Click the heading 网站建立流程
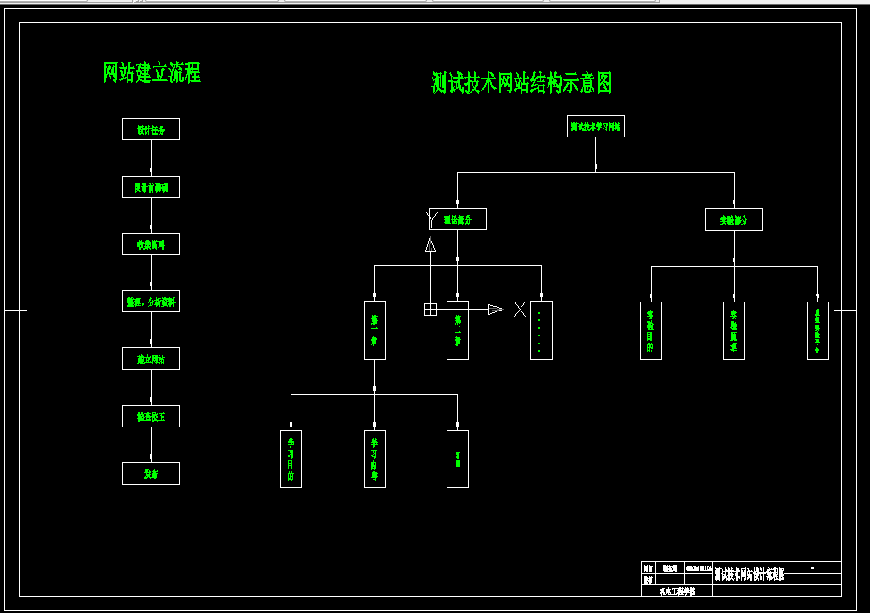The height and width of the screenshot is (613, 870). tap(152, 73)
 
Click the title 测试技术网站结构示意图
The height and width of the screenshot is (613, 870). tap(521, 84)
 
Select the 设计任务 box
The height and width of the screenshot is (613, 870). tap(151, 129)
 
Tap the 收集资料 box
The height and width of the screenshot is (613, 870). tap(151, 244)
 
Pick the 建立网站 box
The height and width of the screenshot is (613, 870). tap(151, 359)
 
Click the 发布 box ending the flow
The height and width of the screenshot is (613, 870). tap(151, 474)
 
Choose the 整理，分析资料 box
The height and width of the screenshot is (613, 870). tap(151, 302)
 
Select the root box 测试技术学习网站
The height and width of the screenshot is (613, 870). tap(595, 128)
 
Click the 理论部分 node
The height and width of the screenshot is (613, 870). tap(457, 220)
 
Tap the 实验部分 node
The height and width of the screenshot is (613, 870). tap(734, 220)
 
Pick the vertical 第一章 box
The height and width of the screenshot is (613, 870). tap(374, 329)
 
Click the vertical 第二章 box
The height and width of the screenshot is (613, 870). tap(457, 329)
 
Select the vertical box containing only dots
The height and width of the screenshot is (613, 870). tap(541, 329)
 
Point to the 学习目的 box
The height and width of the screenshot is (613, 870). tap(291, 459)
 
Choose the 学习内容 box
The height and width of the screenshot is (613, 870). tap(374, 459)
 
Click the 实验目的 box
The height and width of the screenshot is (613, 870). tap(651, 329)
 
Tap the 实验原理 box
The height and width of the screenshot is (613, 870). tap(734, 329)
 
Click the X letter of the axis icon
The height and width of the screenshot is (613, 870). tap(520, 310)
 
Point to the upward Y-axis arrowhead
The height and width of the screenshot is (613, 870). tap(430, 244)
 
